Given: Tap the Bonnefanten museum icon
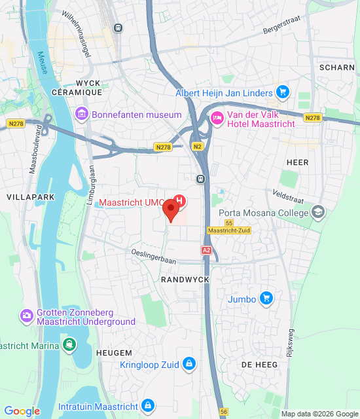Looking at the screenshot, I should pos(82,115).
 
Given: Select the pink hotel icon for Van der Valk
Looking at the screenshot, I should pos(217,118).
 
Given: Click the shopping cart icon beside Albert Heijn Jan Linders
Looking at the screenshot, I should pos(282,92).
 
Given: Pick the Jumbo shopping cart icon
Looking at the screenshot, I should pos(265,299).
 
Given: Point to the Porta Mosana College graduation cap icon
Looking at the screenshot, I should pos(317,213).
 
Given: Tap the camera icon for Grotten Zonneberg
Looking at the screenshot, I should pos(27,316).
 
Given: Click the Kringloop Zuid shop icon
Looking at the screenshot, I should pos(189,363).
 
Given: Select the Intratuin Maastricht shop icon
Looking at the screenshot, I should pos(149,406).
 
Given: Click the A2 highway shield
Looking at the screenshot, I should pos(207,250).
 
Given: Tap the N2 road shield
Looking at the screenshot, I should pos(196,147).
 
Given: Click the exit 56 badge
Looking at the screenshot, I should pos(224,412).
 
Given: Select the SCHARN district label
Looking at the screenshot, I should pos(337,67).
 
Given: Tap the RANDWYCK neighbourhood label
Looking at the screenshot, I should pos(185,280).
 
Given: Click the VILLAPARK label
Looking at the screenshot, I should pos(27,196).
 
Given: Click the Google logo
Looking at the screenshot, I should pos(22,411).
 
